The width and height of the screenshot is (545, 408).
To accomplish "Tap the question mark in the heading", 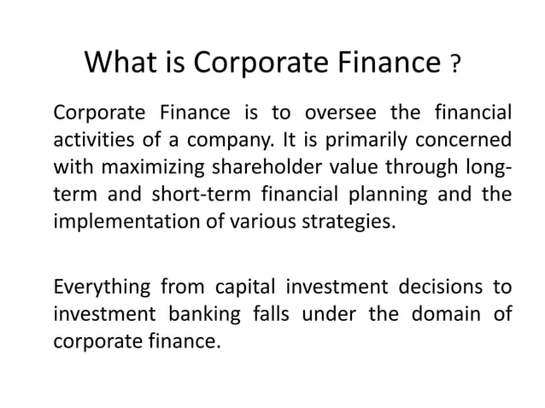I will tap(456, 65).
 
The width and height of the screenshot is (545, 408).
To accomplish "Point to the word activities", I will tap(93, 139).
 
